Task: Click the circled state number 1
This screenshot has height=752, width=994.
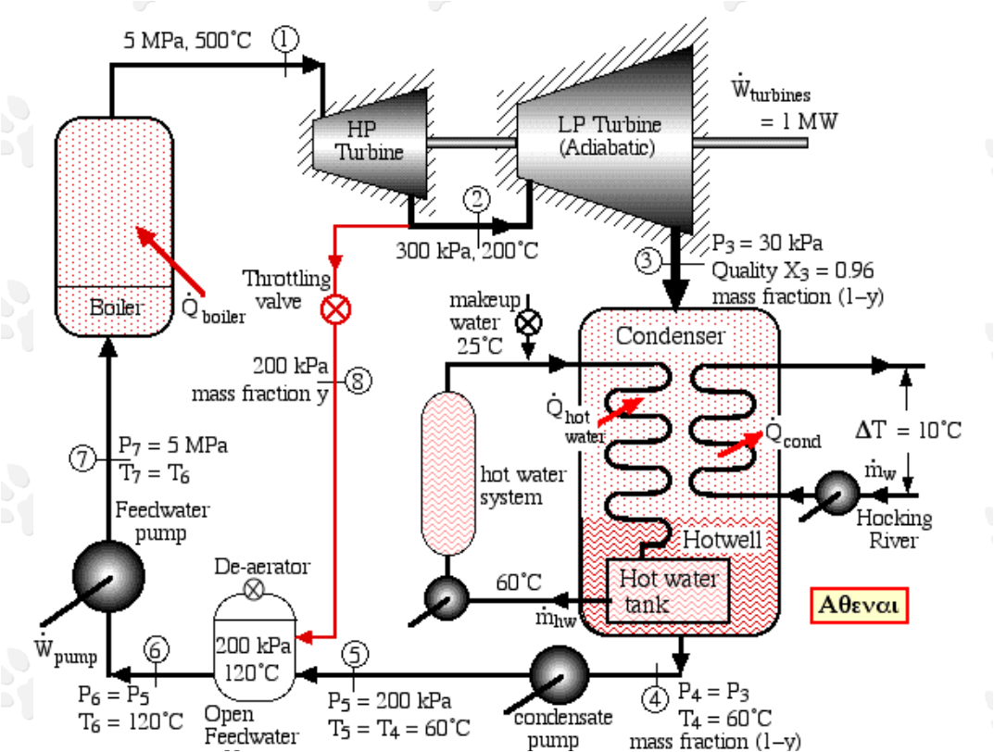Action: coord(284,38)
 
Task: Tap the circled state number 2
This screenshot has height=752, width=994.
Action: coord(477,197)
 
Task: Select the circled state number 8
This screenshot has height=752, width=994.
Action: coord(359,381)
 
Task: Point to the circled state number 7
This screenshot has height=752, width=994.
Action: coord(84,457)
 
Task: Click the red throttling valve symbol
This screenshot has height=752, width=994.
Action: coord(334,308)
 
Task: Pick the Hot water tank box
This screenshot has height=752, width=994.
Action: coord(668,591)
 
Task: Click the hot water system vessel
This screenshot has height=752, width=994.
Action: coord(447,473)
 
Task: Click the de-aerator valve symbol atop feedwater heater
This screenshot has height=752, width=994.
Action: coord(253,589)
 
